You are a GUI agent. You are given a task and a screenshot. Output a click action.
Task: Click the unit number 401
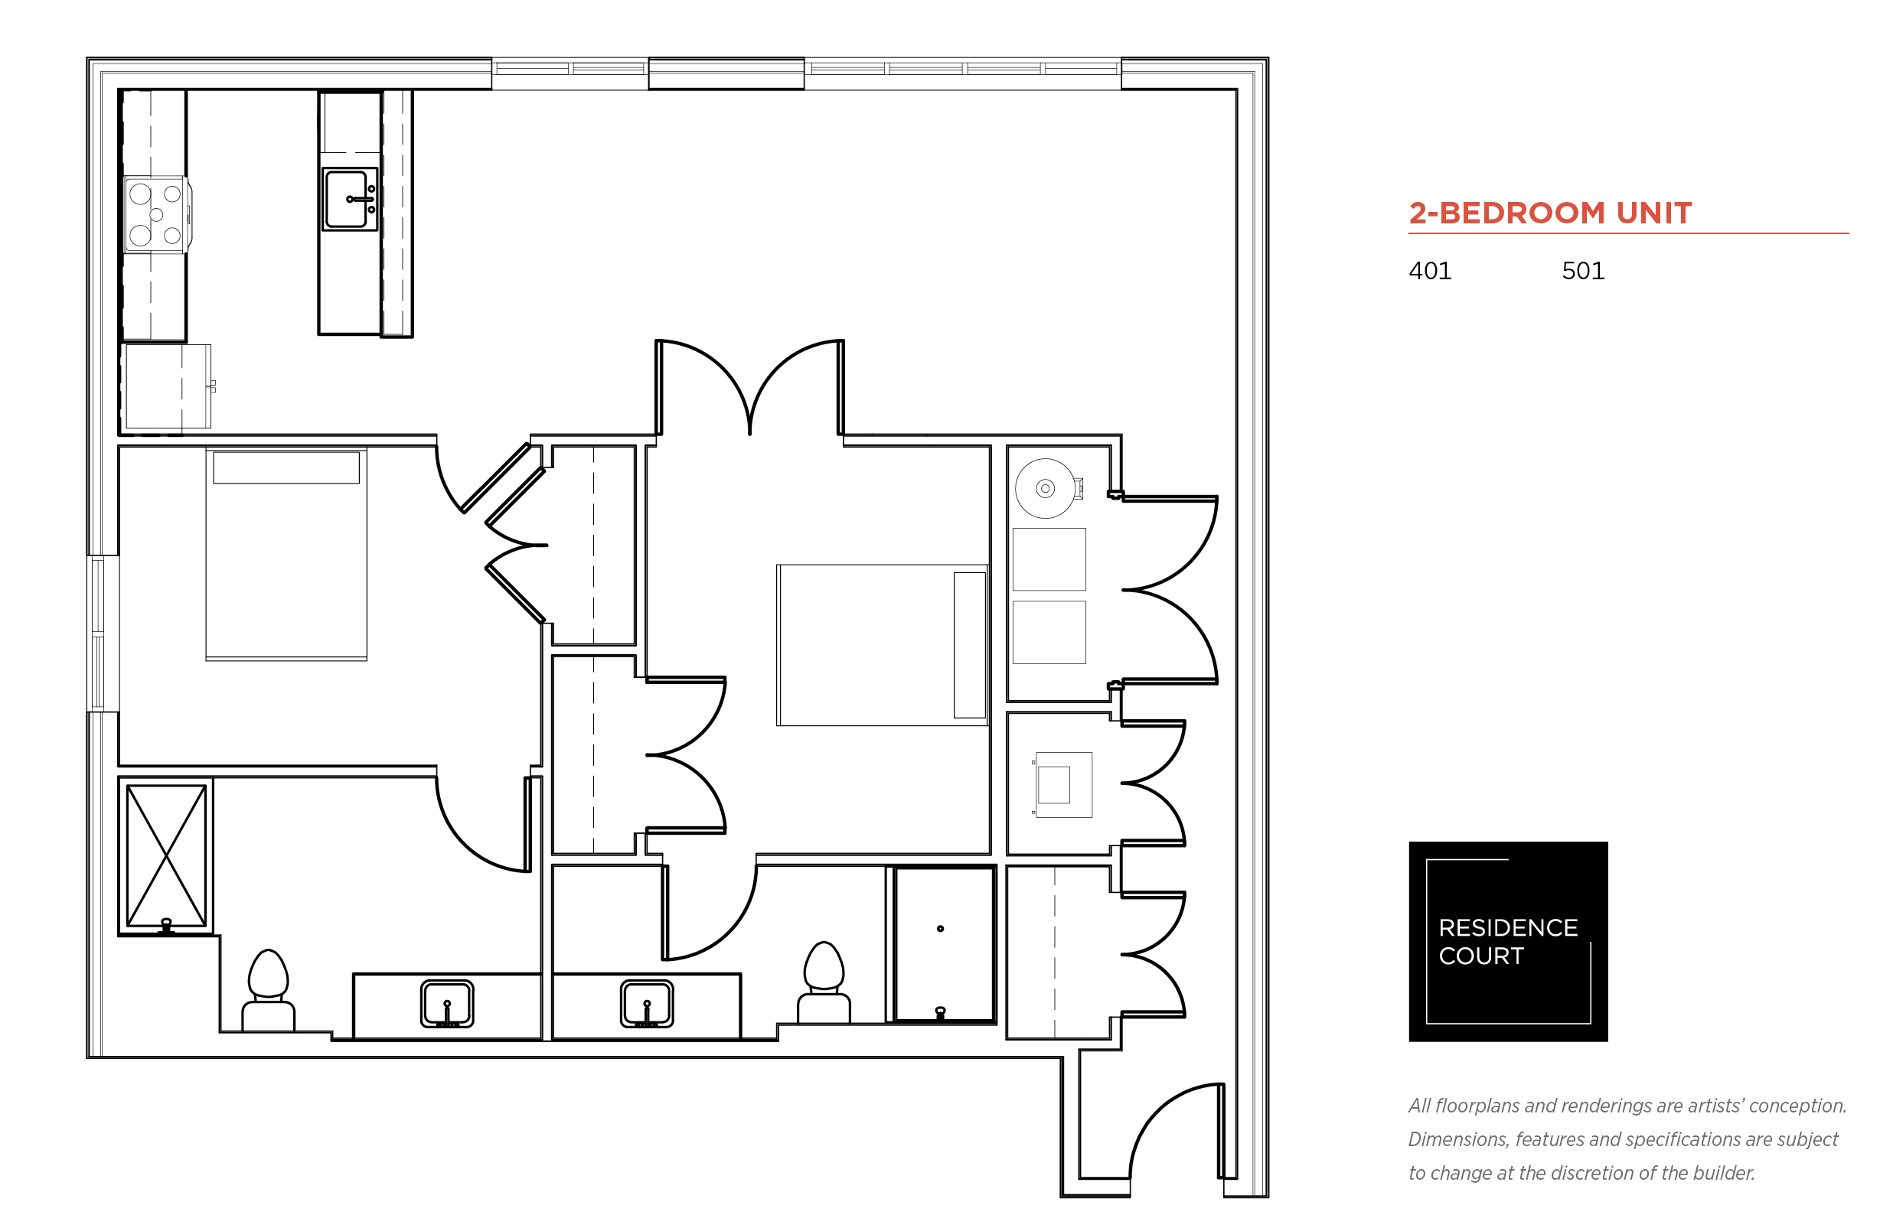[x=1429, y=272]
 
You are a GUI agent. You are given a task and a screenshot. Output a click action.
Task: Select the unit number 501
[x=1582, y=272]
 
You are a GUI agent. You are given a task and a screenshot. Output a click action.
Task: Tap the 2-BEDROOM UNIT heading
[x=1550, y=213]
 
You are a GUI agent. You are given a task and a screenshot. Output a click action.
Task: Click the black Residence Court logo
[x=1507, y=941]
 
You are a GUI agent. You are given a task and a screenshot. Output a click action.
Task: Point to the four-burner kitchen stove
[x=156, y=214]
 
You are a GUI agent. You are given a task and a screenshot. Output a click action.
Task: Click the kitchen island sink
[x=350, y=199]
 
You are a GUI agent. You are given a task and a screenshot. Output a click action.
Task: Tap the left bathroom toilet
[x=269, y=989]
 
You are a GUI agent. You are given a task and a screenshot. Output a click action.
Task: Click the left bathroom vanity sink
[x=447, y=1004]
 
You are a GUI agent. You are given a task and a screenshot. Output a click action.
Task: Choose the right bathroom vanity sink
[x=646, y=1004]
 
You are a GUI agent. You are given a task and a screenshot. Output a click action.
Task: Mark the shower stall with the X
[x=167, y=856]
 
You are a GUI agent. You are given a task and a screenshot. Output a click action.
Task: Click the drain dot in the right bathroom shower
[x=940, y=929]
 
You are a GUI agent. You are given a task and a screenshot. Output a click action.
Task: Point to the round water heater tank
[x=1045, y=488]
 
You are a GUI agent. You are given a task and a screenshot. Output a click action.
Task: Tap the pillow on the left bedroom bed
[x=286, y=467]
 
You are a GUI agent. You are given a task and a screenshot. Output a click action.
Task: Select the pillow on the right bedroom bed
[x=969, y=644]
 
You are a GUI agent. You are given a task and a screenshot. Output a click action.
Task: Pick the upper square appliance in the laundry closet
[x=1049, y=559]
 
